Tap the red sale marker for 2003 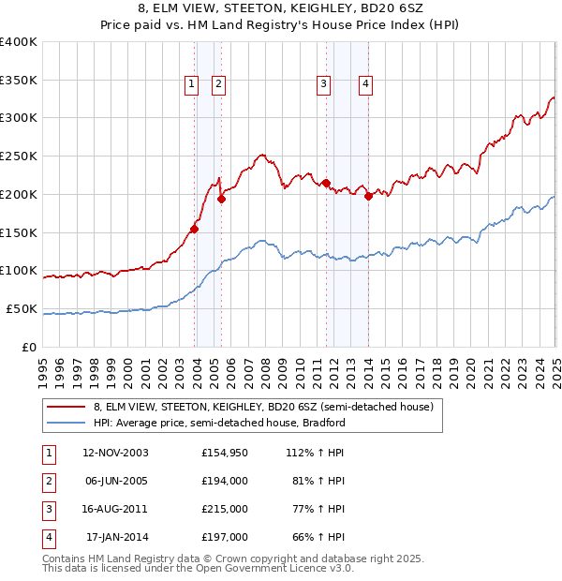[195, 229]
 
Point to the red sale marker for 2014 [369, 196]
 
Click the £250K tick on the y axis [19, 156]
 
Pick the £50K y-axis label [22, 308]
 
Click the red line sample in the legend [65, 408]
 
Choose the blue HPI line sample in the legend [65, 423]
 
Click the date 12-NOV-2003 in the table [115, 454]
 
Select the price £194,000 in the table [224, 482]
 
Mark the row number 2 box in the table [48, 482]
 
